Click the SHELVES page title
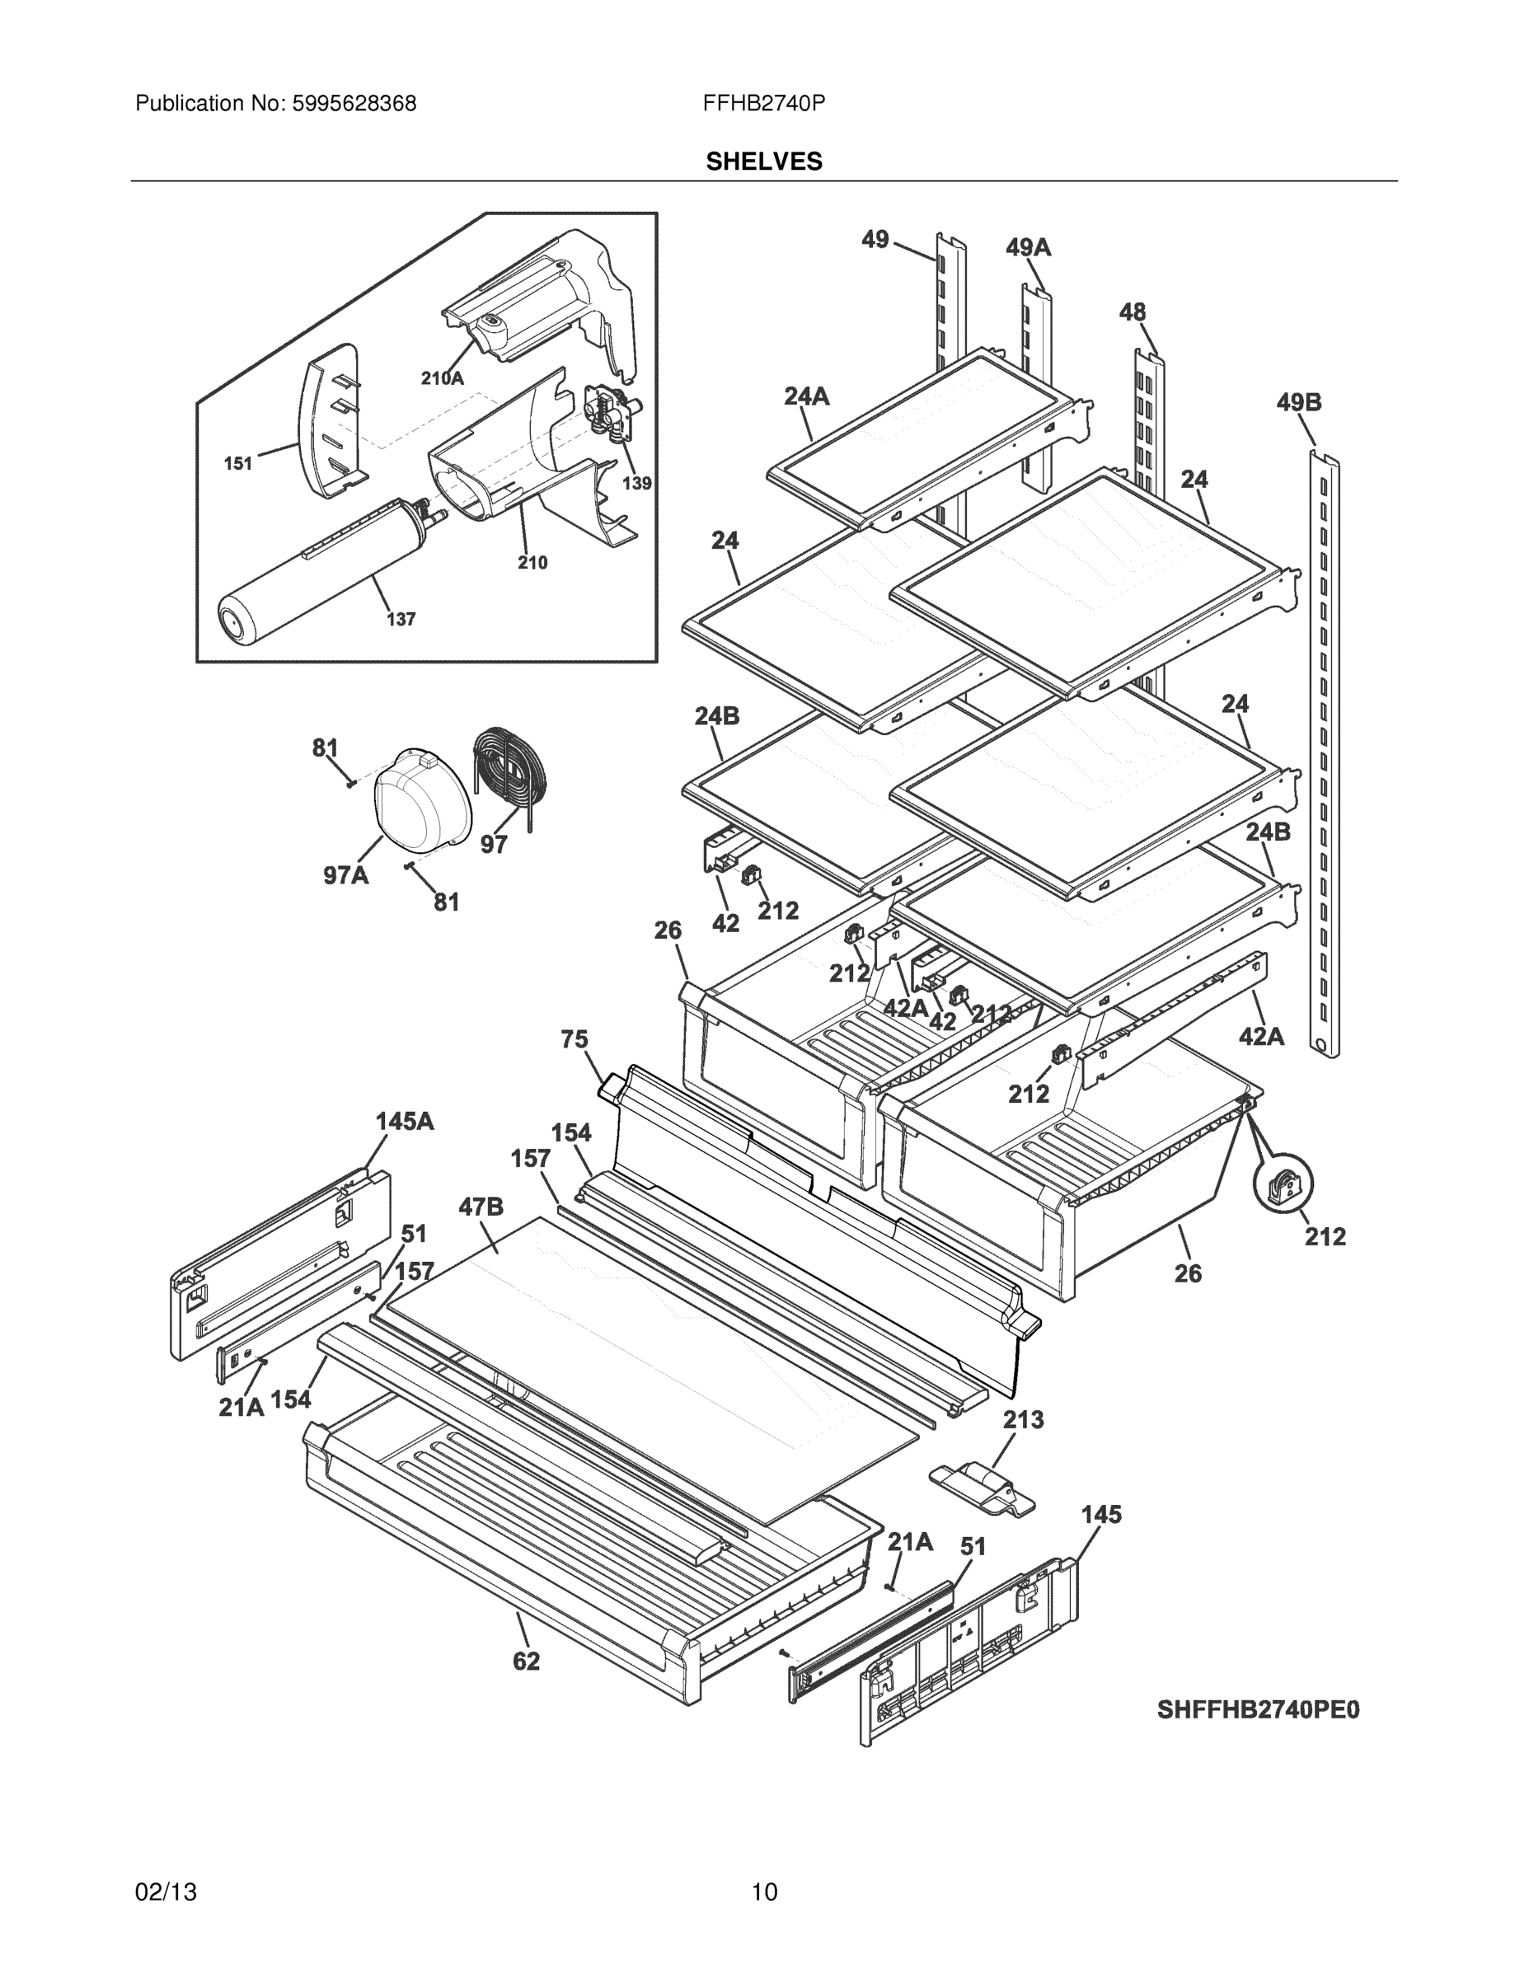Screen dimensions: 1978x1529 click(763, 162)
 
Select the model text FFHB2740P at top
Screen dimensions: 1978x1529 click(762, 104)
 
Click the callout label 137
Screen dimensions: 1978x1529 click(401, 620)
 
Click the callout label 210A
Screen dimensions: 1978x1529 click(442, 378)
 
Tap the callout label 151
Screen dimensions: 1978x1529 click(238, 464)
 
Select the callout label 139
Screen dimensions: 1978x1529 click(637, 484)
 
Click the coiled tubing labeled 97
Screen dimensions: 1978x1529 click(509, 770)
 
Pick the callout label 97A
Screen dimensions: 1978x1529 click(346, 876)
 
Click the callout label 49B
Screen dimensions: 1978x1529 click(1299, 402)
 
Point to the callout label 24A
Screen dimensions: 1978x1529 click(806, 396)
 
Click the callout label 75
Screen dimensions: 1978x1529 click(575, 1040)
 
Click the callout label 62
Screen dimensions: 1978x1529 click(526, 1660)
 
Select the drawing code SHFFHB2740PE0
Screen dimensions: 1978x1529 click(1258, 1710)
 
